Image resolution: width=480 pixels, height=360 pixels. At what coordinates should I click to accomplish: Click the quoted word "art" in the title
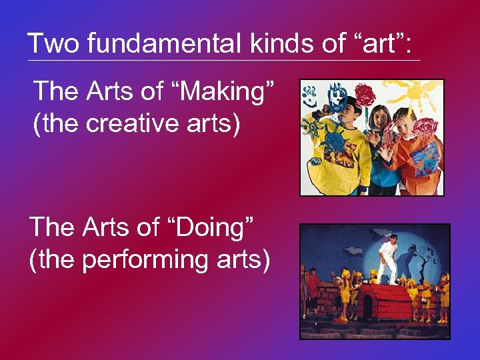coord(376,44)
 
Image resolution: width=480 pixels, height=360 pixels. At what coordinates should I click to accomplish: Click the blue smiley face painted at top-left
coord(309,97)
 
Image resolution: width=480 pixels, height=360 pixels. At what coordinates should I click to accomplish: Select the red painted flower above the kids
coord(364,95)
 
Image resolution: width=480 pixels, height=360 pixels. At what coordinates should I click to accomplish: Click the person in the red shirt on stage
coord(313,287)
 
